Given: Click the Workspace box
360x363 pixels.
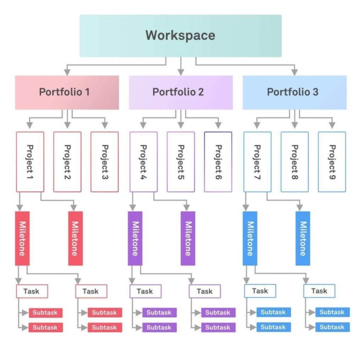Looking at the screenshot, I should (x=180, y=36).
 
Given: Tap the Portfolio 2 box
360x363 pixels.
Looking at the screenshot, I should (x=180, y=92).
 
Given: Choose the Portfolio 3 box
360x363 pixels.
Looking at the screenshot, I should (x=294, y=92).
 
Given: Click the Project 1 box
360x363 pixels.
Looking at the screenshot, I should (x=30, y=162).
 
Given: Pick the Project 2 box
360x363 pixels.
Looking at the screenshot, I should (x=67, y=162).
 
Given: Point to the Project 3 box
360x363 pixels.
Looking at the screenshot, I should (x=105, y=162).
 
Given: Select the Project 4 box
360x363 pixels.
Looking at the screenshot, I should (x=143, y=162).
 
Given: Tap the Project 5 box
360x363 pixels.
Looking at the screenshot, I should (x=180, y=162).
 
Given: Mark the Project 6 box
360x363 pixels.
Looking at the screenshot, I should (x=218, y=162).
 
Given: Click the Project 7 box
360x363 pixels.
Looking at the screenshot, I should (x=257, y=162).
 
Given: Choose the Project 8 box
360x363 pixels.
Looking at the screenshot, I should (x=294, y=162).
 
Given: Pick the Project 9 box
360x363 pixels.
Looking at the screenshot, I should (x=332, y=162).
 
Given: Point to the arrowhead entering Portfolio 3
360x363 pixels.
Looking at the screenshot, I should (x=294, y=72).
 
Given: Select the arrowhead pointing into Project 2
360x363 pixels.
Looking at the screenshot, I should (x=67, y=126).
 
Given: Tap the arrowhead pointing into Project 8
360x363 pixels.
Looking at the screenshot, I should (x=294, y=126).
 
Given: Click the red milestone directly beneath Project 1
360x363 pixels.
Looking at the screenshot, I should (x=22, y=238).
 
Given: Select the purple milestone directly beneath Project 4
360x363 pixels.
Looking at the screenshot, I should (x=135, y=238).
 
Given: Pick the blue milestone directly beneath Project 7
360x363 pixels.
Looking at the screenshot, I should (x=250, y=238).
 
